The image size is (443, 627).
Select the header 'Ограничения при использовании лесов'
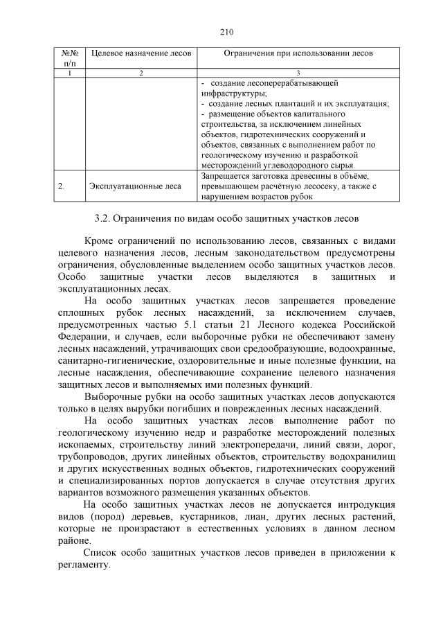pos(298,53)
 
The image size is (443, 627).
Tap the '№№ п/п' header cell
pos(69,58)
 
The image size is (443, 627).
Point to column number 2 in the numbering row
pos(141,73)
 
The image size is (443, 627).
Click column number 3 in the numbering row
pos(298,73)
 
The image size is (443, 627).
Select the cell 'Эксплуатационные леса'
pos(136,186)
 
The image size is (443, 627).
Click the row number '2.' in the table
pos(62,186)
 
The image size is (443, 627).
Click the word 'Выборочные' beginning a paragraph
pos(114,397)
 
